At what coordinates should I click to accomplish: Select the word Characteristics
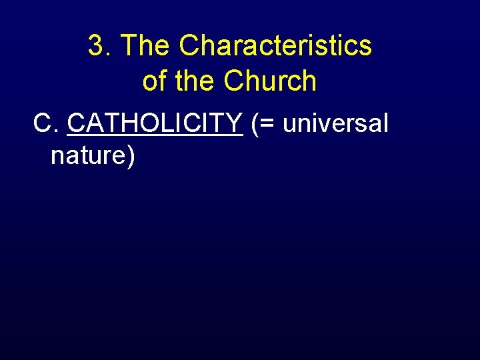tap(275, 46)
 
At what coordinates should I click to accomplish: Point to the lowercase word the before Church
tap(195, 81)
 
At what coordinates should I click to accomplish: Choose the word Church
tap(270, 81)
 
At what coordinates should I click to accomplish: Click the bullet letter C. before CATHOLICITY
tap(46, 123)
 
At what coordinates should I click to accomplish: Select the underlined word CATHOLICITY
tap(155, 123)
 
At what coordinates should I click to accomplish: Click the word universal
tap(335, 123)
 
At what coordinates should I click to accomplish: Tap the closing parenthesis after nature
tap(131, 157)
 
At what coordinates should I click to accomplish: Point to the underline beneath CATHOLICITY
tap(155, 135)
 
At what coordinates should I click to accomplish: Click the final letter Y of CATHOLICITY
tap(235, 123)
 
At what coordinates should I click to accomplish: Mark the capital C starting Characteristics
tap(189, 46)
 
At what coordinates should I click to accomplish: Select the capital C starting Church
tap(235, 81)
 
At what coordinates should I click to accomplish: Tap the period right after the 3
tap(109, 55)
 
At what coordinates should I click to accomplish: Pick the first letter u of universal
tap(290, 125)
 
